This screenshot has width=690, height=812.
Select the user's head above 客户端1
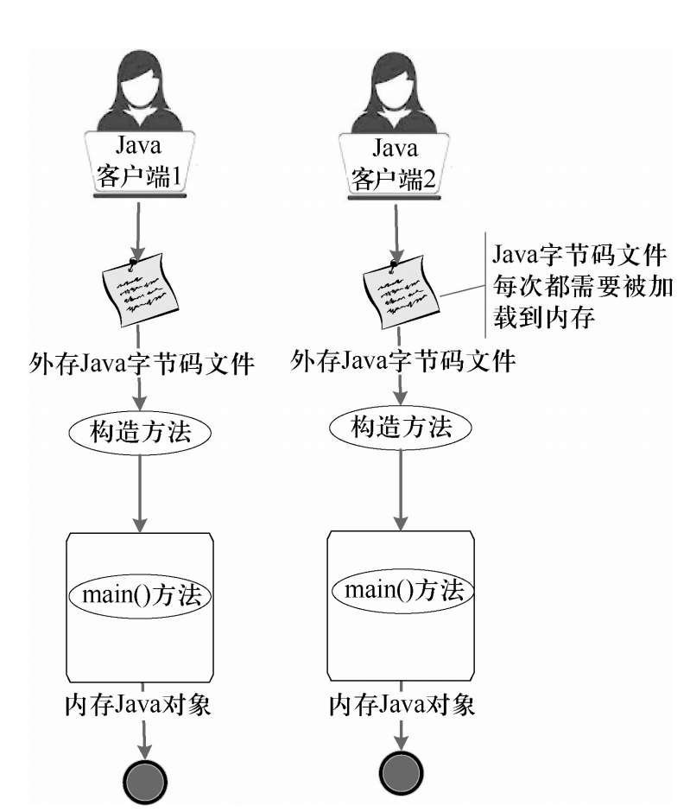coord(138,82)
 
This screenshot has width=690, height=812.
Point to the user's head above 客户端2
coord(396,82)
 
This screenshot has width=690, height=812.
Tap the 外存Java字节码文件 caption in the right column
coord(404,359)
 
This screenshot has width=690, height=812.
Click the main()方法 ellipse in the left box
coord(141,596)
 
